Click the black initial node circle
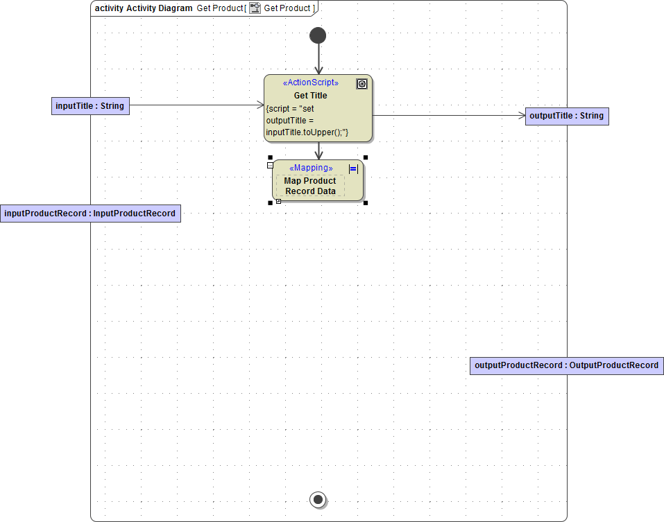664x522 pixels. (318, 35)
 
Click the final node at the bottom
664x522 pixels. (318, 499)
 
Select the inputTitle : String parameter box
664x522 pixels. (90, 106)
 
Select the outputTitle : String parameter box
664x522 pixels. (566, 116)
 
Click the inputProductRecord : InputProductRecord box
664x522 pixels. (90, 214)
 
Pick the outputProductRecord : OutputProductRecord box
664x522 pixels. (566, 365)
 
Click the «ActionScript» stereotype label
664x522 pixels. (310, 82)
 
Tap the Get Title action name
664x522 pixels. (310, 96)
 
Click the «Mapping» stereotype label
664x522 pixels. (310, 168)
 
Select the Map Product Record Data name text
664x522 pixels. (310, 186)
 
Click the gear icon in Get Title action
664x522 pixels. (361, 84)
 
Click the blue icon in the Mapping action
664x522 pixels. (353, 168)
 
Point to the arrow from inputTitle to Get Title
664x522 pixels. (194, 105)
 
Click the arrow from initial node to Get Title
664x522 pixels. (318, 60)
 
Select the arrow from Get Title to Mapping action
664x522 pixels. (318, 150)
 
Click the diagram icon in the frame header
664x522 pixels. (255, 8)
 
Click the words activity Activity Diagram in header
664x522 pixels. (143, 8)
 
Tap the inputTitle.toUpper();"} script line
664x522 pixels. (307, 132)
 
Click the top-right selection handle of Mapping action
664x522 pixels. (366, 158)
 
